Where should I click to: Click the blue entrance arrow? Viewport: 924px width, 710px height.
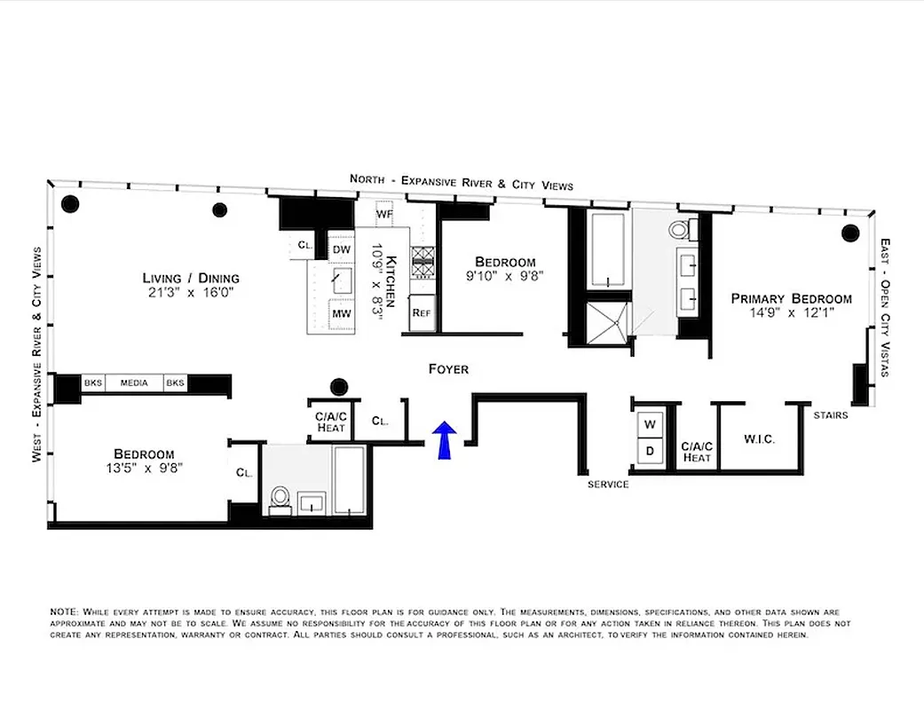[445, 440]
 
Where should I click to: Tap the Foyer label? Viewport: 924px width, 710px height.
[447, 369]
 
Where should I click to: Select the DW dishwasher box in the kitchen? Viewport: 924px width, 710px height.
[342, 250]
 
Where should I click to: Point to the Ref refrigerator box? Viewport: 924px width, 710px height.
[422, 312]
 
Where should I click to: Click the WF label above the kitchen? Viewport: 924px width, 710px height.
[384, 215]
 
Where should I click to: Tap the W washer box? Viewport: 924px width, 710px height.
[650, 423]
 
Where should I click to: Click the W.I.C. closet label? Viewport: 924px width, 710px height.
[759, 438]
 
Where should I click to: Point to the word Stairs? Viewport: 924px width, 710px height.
[831, 414]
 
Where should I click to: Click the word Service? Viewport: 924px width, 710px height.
[608, 485]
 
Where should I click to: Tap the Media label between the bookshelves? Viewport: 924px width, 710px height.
[134, 383]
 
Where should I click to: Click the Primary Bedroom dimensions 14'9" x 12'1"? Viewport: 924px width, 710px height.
[791, 313]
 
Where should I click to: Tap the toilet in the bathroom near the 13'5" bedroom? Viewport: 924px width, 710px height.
[280, 499]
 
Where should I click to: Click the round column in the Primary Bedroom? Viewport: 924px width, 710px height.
[849, 234]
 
